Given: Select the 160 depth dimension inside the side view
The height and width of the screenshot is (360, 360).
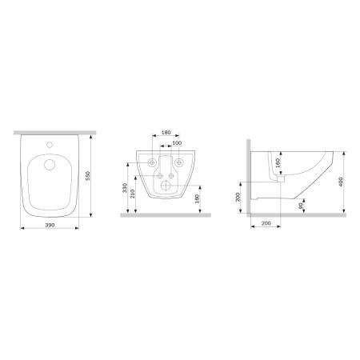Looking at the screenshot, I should click(278, 166).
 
